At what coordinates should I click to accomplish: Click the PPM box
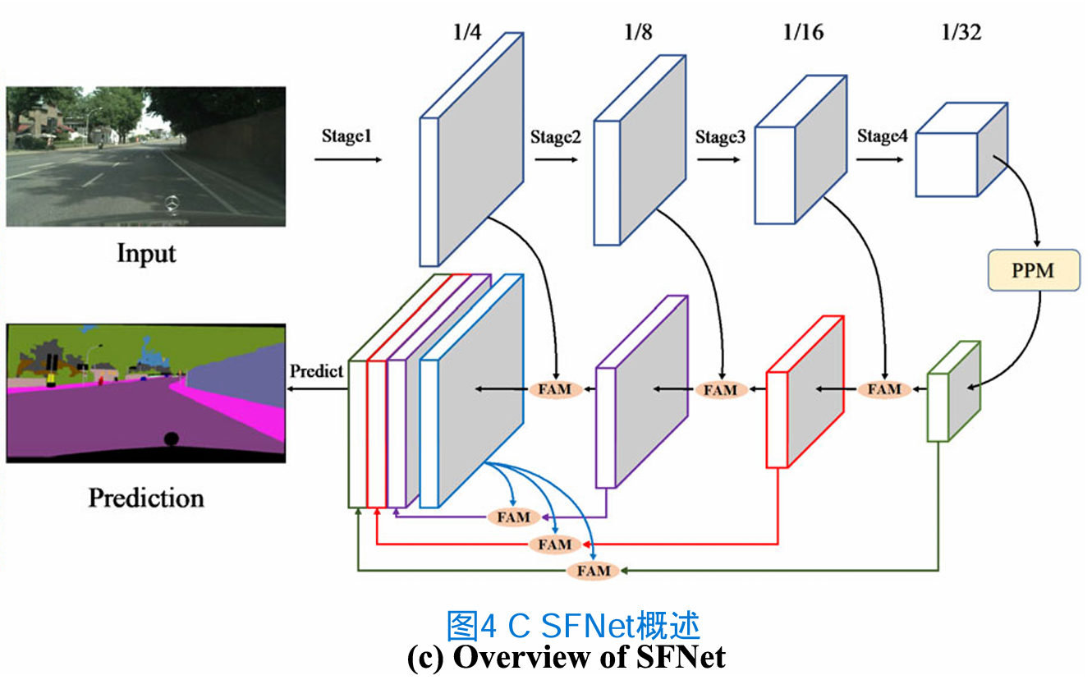click(1032, 270)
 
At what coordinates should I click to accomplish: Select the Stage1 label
click(346, 136)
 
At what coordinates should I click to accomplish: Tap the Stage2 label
click(555, 137)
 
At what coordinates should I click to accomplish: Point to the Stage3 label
click(720, 137)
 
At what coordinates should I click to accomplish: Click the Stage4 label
click(883, 136)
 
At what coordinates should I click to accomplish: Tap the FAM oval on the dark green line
click(594, 570)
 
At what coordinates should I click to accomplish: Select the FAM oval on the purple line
click(514, 517)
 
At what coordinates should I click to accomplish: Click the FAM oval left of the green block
click(884, 389)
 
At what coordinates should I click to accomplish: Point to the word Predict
click(316, 371)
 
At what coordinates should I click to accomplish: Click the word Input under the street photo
click(146, 252)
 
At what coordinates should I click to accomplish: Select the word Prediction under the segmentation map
click(146, 498)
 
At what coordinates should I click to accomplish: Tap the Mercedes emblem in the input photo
click(172, 203)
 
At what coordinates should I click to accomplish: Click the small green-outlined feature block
click(953, 393)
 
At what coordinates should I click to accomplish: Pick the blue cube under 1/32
click(959, 150)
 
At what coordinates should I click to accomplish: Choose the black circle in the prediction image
click(171, 439)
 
